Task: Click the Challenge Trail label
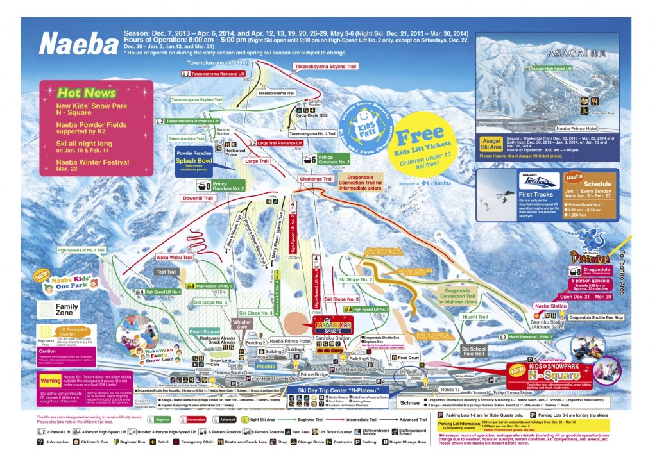click(x=315, y=179)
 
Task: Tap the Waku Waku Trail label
click(x=174, y=257)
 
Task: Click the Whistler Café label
click(x=242, y=324)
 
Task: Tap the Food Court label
click(x=408, y=358)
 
